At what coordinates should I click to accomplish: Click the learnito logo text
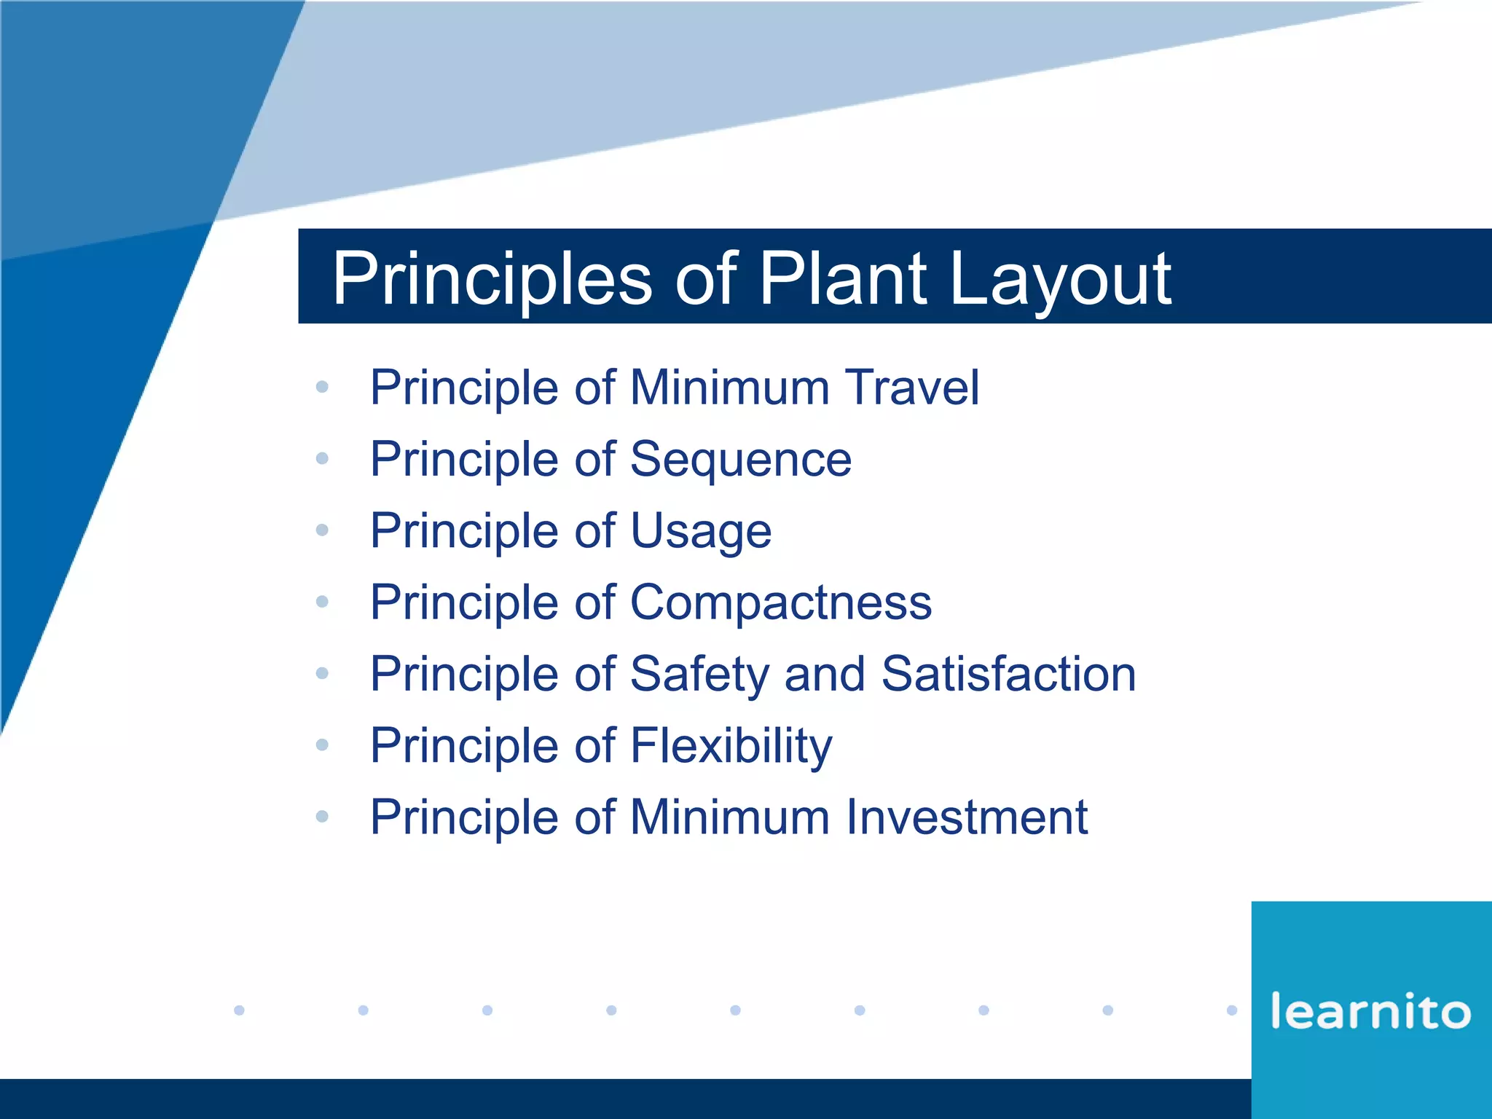(x=1370, y=1011)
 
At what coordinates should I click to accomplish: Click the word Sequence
(x=740, y=459)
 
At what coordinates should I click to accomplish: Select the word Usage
(x=700, y=530)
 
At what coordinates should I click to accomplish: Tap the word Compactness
(x=780, y=602)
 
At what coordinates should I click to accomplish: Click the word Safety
(x=699, y=674)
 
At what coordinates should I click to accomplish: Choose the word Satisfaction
(x=1008, y=674)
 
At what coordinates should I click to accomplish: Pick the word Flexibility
(x=731, y=745)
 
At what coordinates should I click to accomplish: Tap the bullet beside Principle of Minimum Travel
(x=322, y=387)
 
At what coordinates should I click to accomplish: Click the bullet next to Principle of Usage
(x=322, y=530)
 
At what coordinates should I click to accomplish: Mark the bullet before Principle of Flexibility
(x=322, y=745)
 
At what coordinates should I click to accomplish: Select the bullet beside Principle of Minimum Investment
(x=322, y=817)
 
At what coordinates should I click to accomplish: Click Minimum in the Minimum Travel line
(x=729, y=387)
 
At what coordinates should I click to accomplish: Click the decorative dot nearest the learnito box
(x=1232, y=1010)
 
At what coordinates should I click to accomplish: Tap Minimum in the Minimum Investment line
(x=729, y=817)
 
